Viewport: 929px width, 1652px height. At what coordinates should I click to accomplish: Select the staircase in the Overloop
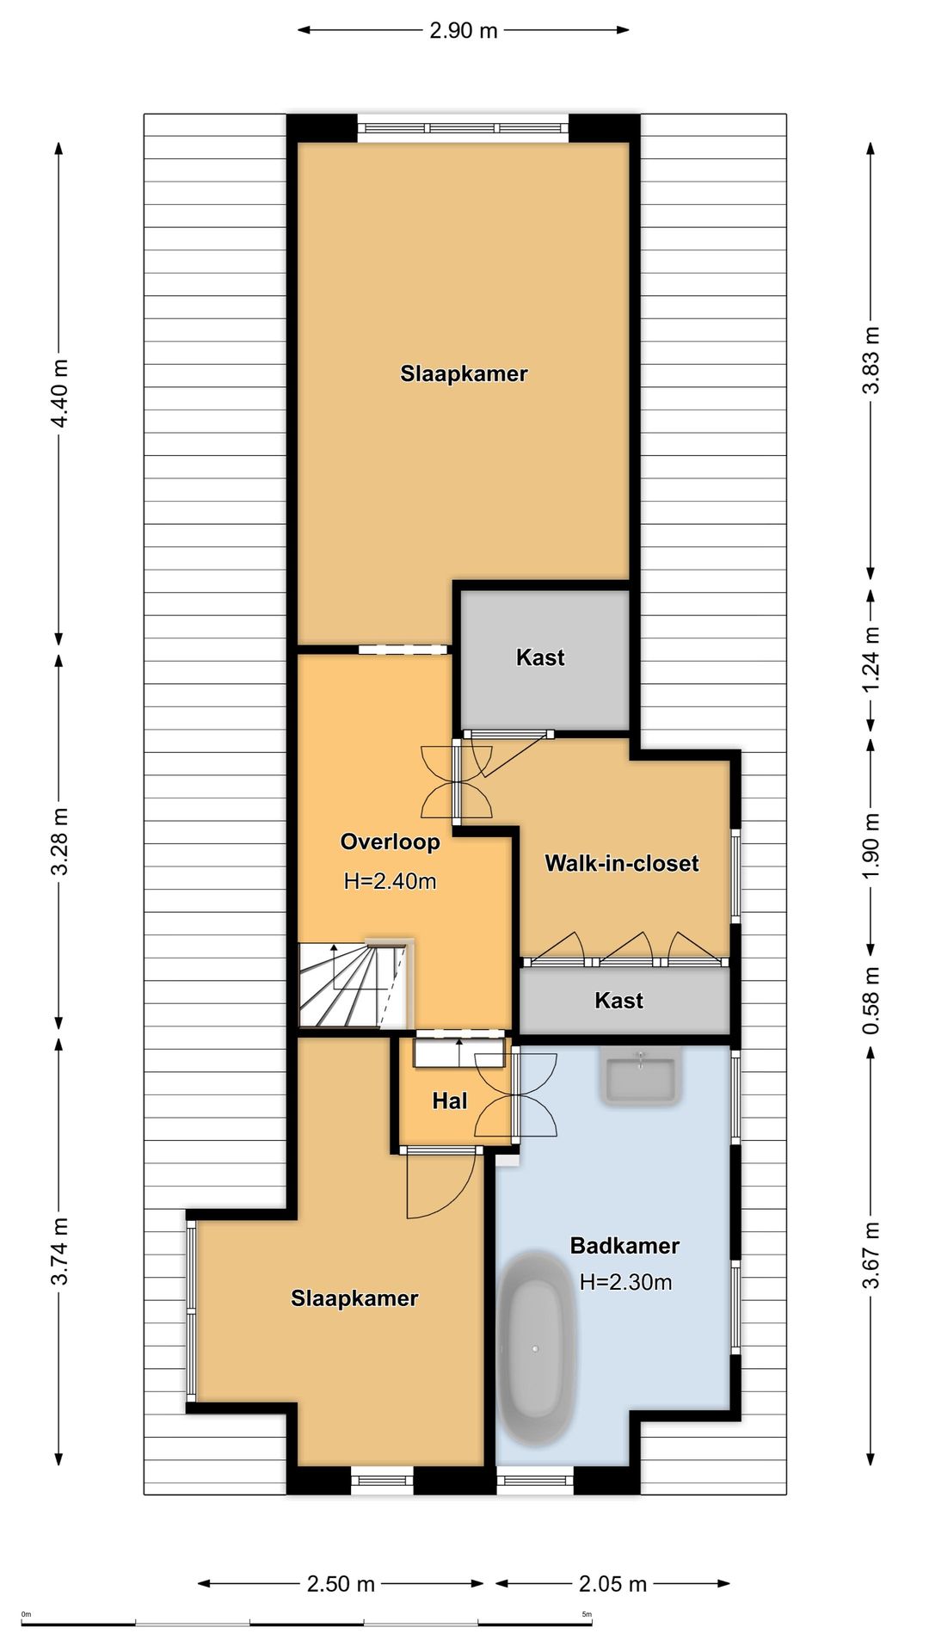pos(355,984)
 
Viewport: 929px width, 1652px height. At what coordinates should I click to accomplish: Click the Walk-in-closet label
pos(622,863)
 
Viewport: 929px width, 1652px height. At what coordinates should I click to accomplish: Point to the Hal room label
pos(450,1100)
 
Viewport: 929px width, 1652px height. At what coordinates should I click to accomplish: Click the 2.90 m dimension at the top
pos(464,31)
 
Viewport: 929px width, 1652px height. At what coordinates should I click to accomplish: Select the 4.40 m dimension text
pos(59,393)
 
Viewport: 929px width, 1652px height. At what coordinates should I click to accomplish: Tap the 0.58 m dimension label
pos(871,1001)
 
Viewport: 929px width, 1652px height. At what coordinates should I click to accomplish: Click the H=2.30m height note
pos(625,1282)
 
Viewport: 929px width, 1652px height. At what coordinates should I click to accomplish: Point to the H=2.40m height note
pos(390,881)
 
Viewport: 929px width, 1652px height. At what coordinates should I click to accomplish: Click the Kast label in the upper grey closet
pos(540,657)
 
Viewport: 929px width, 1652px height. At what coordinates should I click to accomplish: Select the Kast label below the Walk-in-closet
pos(619,1001)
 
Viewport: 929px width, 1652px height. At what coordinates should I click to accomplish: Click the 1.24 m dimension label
pos(871,658)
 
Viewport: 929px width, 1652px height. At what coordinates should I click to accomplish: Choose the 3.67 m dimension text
pos(871,1255)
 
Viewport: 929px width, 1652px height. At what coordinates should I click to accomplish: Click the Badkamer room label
pos(625,1245)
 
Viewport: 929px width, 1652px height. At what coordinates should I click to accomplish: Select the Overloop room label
pos(390,841)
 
